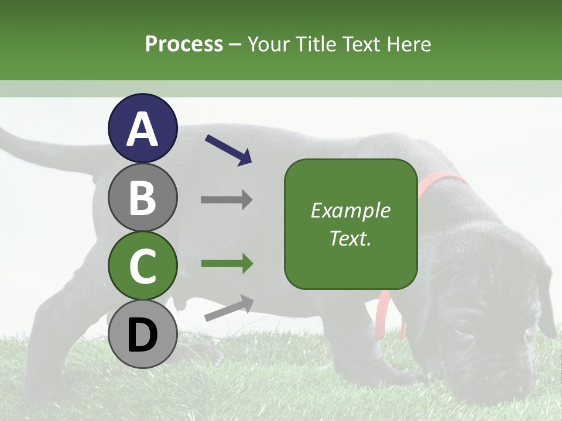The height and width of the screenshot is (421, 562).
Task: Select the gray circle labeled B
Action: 142,197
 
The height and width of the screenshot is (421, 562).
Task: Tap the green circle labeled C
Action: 142,266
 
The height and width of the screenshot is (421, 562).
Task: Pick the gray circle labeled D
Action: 142,334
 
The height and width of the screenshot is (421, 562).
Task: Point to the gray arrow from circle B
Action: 227,200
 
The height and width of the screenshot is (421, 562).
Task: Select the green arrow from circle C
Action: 227,264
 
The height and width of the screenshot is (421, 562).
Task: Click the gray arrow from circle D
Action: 229,308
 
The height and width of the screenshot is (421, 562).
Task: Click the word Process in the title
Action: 184,44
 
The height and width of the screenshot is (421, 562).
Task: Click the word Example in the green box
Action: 350,210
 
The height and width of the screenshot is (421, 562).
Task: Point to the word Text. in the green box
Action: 350,238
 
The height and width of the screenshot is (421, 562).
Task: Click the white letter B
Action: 142,198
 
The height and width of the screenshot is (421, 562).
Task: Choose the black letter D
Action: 142,335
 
